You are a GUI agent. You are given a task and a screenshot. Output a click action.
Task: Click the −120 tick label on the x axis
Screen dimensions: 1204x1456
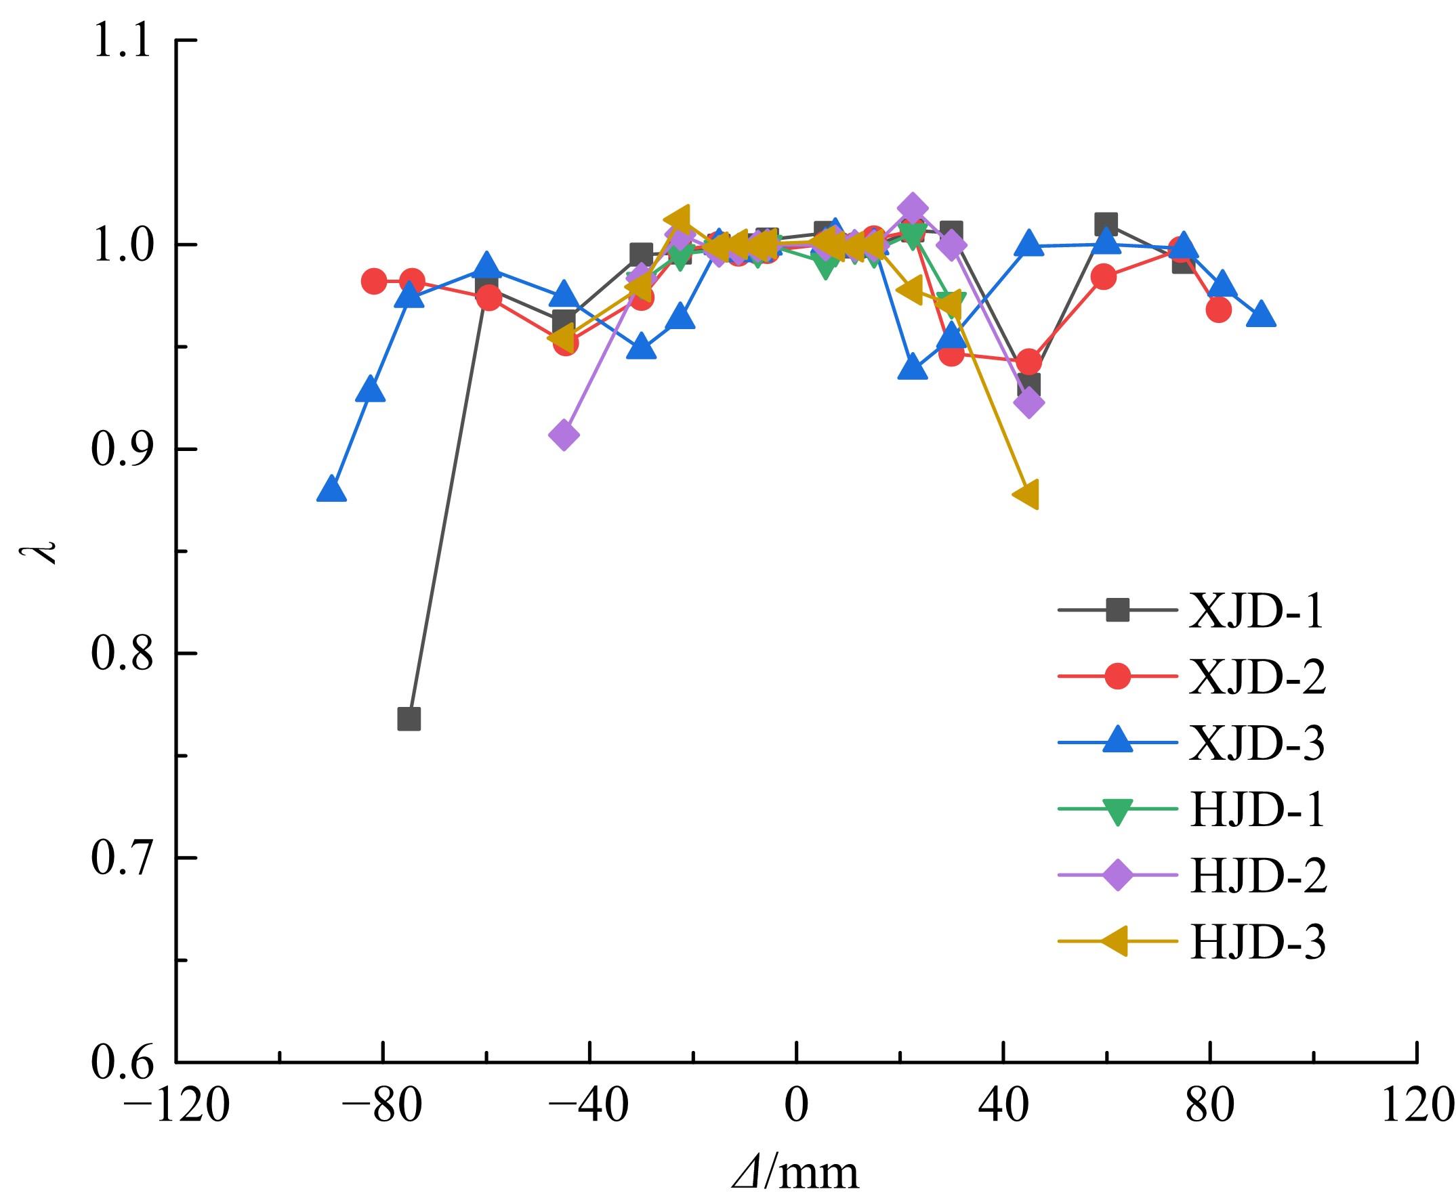(x=176, y=1106)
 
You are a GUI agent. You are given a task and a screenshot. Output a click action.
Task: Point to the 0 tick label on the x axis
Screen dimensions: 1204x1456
(x=797, y=1106)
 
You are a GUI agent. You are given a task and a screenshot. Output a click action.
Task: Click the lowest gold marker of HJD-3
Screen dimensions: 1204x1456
(x=1027, y=495)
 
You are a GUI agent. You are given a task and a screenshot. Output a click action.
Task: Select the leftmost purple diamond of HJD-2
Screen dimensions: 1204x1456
(x=564, y=435)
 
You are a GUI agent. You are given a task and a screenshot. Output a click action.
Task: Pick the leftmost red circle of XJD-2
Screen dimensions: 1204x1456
(x=374, y=282)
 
